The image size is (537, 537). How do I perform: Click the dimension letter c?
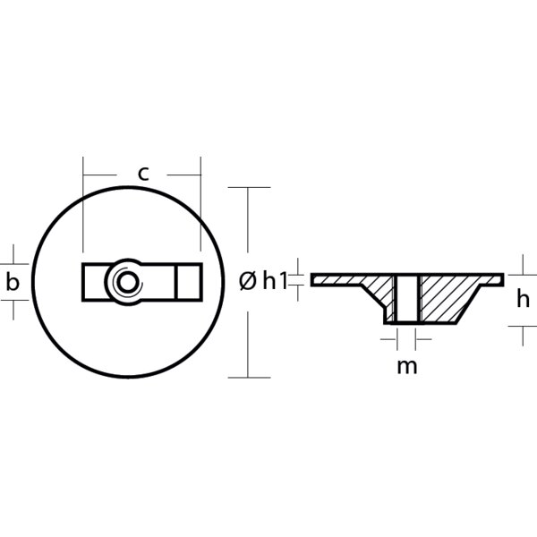click(143, 174)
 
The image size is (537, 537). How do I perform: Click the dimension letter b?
click(13, 283)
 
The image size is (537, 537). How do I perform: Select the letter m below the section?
click(407, 366)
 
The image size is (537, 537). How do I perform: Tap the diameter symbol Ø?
click(248, 281)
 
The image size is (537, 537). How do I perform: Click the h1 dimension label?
click(275, 281)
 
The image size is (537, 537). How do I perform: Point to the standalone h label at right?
click(523, 298)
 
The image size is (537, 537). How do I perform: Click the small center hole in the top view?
click(127, 283)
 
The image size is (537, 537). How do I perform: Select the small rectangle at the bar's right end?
click(189, 282)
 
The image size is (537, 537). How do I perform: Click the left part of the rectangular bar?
click(95, 282)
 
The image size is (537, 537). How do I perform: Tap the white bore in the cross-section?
click(407, 299)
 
